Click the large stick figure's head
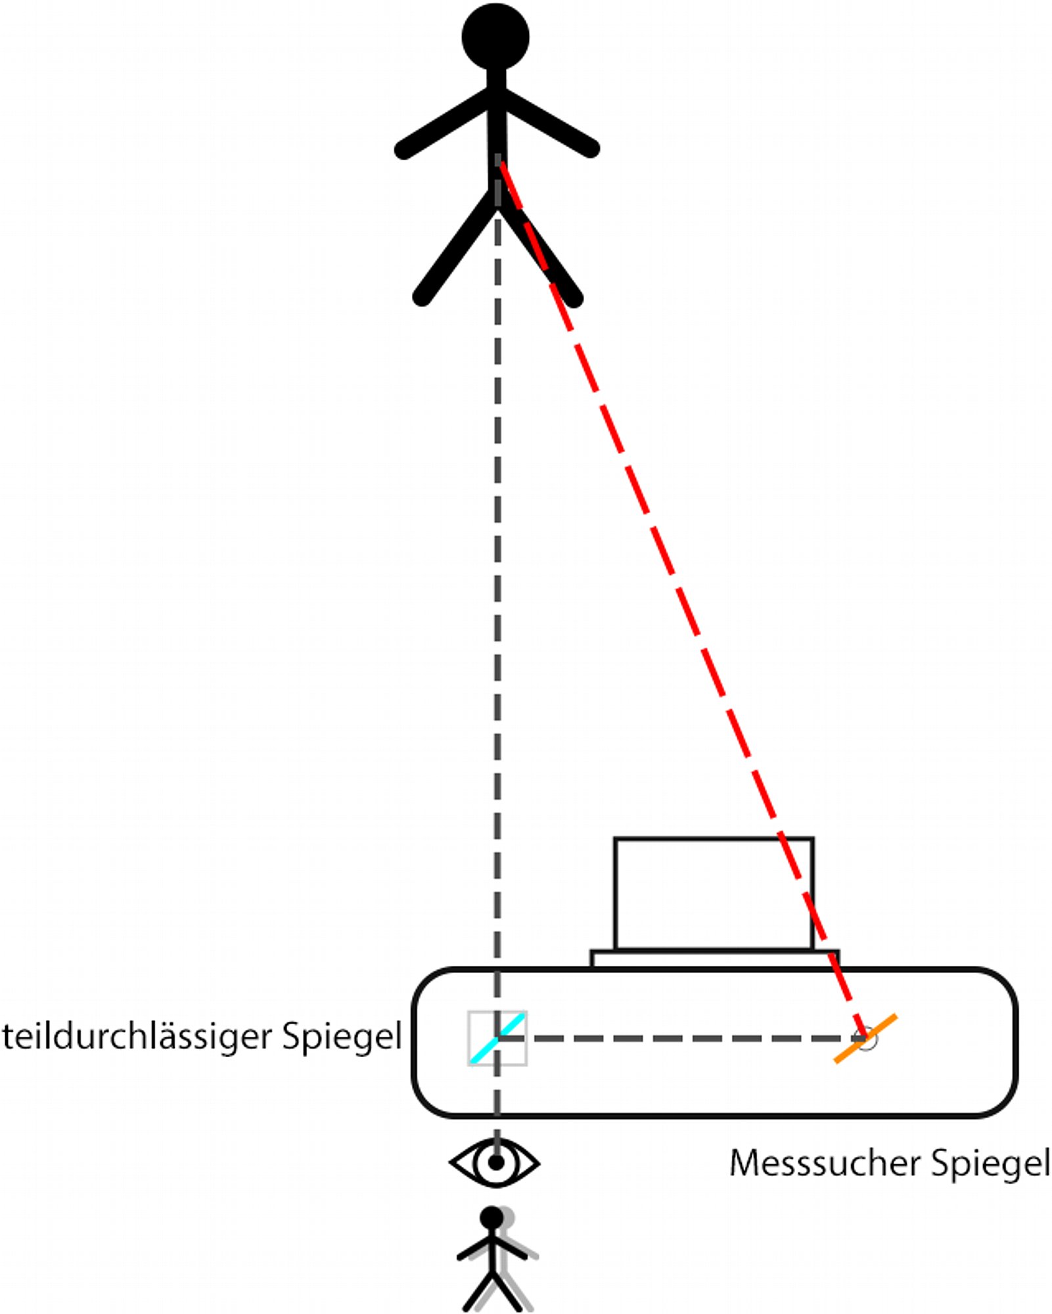495,37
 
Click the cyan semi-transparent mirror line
497,1038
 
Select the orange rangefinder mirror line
865,1039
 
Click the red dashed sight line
683,600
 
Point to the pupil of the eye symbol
496,1163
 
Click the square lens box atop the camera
714,894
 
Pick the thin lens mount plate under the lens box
715,959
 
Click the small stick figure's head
492,1217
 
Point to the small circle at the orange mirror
867,1039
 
